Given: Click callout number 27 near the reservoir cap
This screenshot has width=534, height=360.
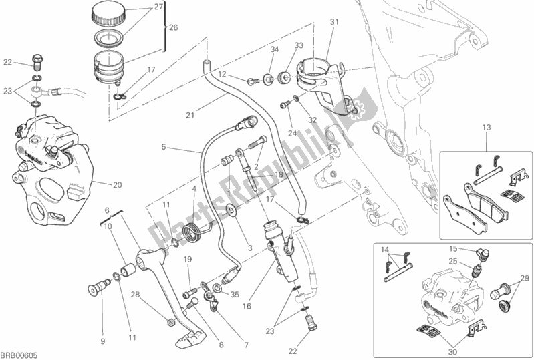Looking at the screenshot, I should click(158, 7).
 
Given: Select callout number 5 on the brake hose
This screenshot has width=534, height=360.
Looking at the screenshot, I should click(162, 146).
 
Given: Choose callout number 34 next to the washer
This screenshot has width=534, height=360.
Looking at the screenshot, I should click(273, 50).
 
